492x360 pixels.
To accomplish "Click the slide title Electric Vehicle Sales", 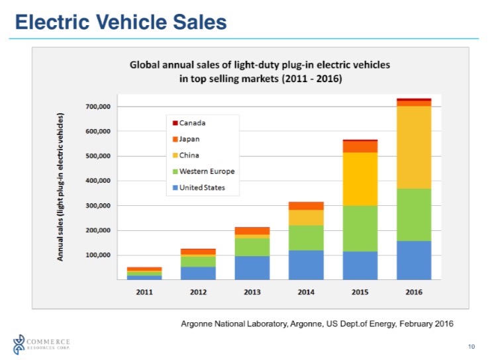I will tap(121, 22).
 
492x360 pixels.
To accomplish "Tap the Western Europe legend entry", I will tap(207, 171).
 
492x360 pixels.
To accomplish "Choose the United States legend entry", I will tap(202, 187).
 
